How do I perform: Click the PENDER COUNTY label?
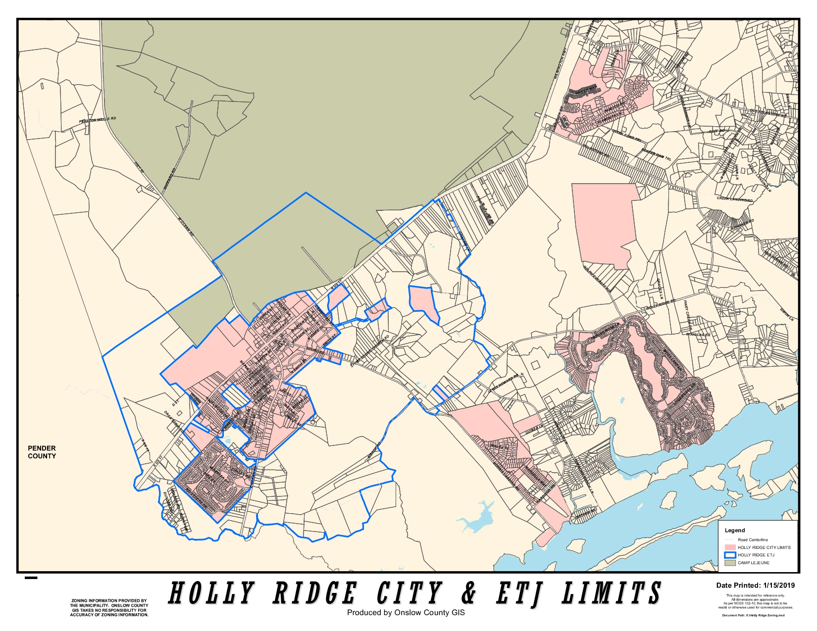(x=42, y=452)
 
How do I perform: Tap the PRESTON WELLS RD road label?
(x=98, y=120)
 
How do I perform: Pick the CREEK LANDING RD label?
(x=735, y=199)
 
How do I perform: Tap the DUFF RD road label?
(x=716, y=131)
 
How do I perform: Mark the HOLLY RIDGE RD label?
(x=661, y=304)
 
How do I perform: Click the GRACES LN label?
(x=660, y=288)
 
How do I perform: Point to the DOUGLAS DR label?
(x=698, y=335)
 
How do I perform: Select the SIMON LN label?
(x=786, y=314)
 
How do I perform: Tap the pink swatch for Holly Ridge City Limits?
(x=730, y=547)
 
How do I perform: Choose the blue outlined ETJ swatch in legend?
(x=730, y=555)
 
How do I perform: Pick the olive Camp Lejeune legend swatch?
(x=730, y=563)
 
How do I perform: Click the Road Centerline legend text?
(x=753, y=539)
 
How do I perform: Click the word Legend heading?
(x=735, y=530)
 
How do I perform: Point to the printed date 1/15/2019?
(x=778, y=585)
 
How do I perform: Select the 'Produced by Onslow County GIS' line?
(x=406, y=613)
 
